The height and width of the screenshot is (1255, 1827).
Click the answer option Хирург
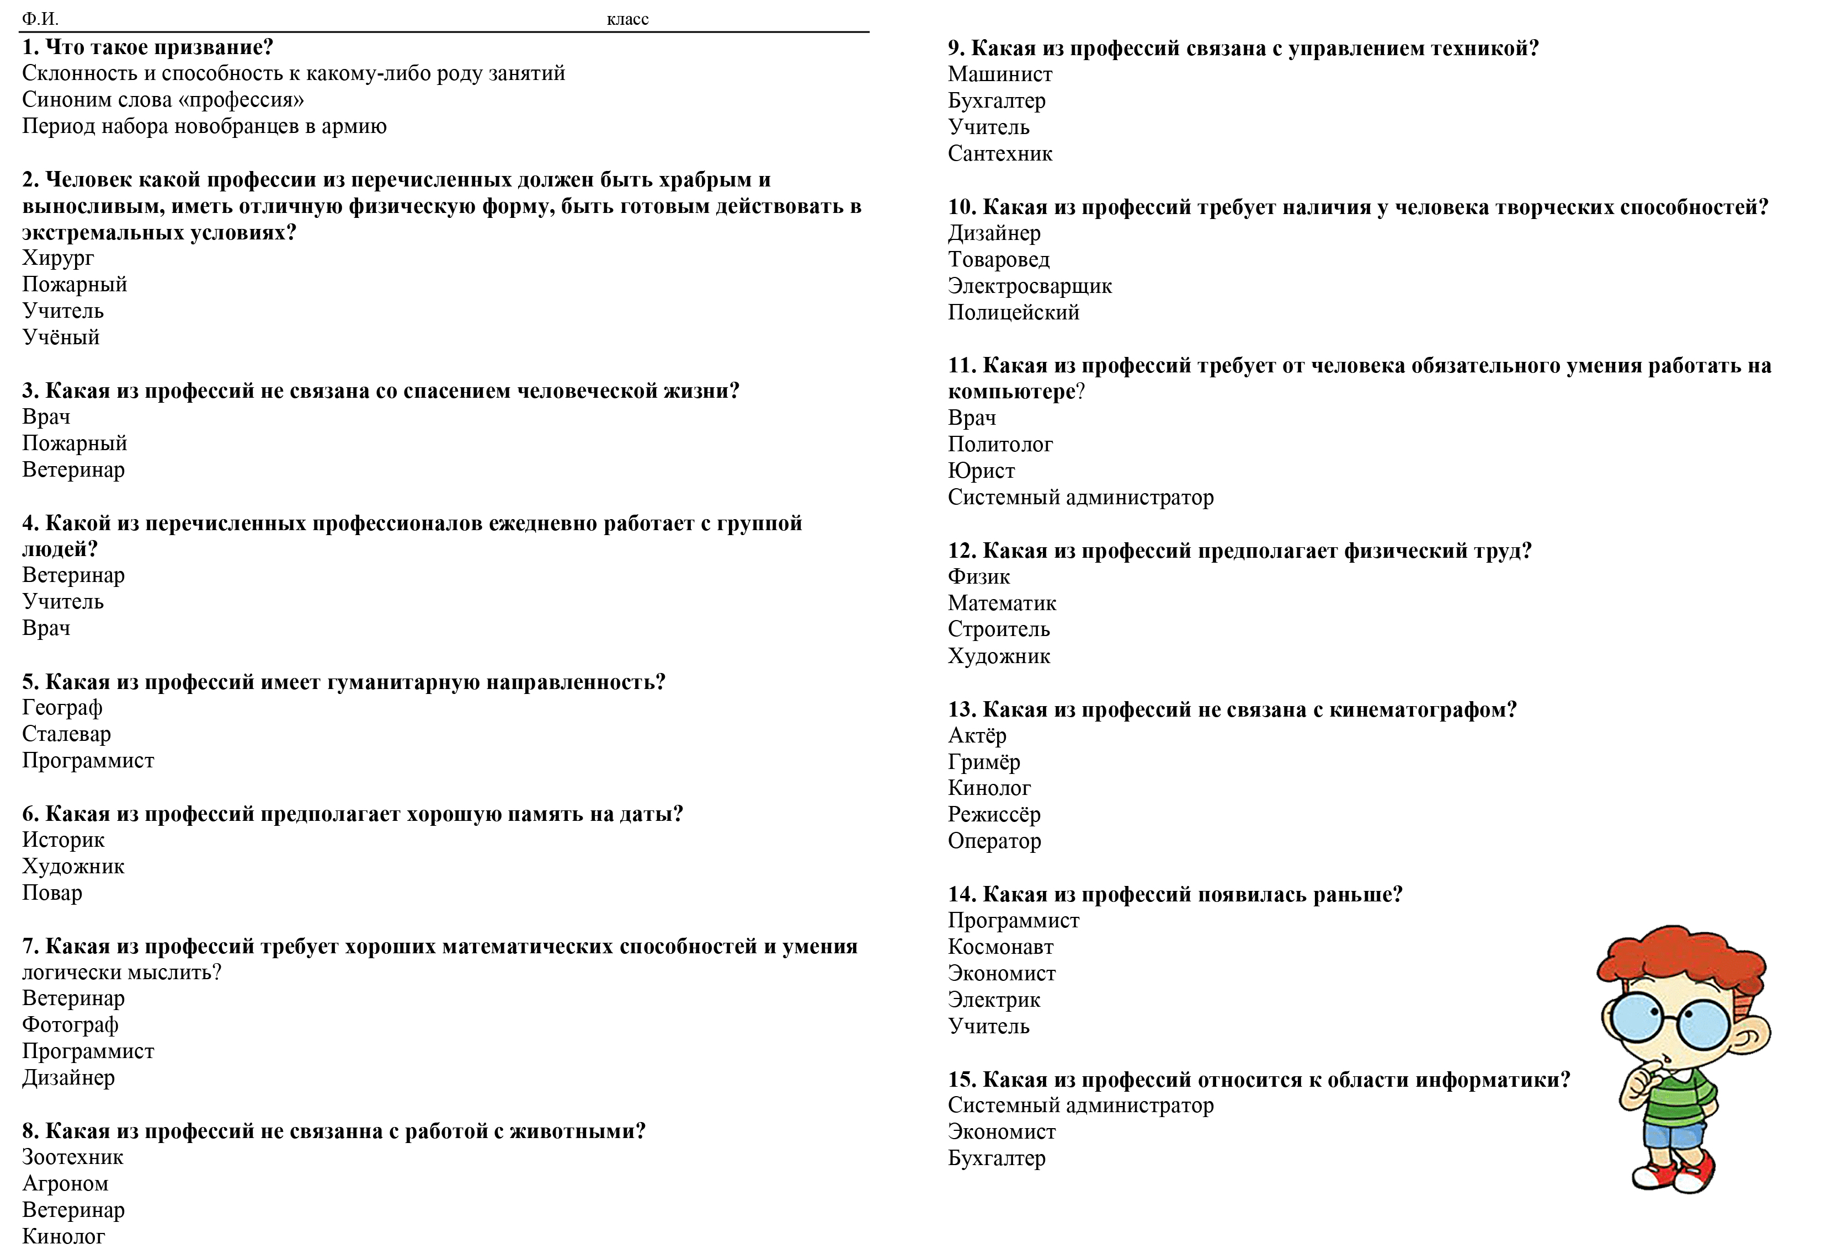(x=58, y=258)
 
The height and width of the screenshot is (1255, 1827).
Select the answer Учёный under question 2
(x=61, y=338)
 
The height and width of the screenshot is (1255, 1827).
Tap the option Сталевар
(x=66, y=734)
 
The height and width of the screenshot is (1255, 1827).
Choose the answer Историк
(x=63, y=840)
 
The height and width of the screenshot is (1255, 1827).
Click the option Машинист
(x=1000, y=74)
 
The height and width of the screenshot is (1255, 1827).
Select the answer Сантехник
(x=1000, y=153)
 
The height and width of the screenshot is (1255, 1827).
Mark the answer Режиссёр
(x=994, y=815)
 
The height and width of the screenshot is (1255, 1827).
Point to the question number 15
(x=961, y=1079)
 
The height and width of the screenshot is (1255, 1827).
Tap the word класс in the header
(x=627, y=19)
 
